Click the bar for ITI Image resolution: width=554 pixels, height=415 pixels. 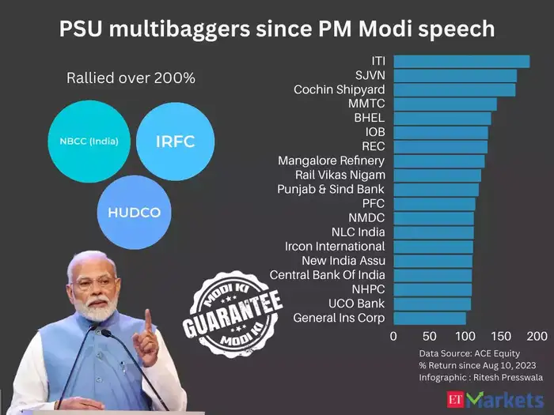point(461,61)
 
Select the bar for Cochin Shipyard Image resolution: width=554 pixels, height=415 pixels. point(454,89)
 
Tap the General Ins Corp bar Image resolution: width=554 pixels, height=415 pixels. point(430,318)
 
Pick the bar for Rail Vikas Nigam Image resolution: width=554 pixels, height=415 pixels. point(437,175)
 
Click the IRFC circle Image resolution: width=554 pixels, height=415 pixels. point(175,141)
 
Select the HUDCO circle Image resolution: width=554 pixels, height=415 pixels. point(134,213)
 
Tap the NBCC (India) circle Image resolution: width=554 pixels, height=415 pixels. point(89,142)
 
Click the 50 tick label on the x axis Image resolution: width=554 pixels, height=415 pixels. point(430,336)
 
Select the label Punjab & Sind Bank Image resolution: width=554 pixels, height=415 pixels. point(331,189)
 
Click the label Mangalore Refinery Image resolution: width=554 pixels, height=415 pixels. point(331,160)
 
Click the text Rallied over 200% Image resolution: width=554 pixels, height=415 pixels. point(131,78)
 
